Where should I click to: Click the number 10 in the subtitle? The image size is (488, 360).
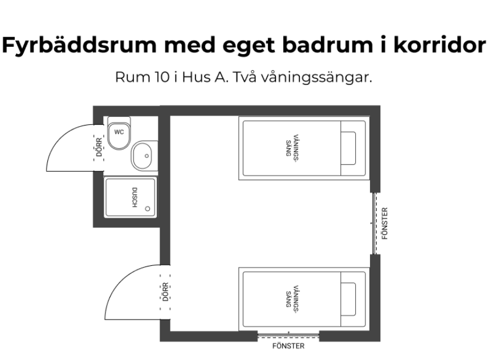tap(153, 77)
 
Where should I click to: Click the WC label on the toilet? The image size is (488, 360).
tap(119, 132)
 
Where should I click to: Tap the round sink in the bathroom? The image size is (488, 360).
tap(141, 155)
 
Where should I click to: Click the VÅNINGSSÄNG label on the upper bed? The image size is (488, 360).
tap(291, 147)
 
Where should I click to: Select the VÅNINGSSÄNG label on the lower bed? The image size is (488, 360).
tap(291, 298)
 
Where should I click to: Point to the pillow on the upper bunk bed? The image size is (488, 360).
tap(349, 147)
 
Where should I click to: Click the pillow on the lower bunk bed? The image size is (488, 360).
tap(349, 298)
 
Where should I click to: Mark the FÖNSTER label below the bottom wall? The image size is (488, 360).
tap(288, 346)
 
